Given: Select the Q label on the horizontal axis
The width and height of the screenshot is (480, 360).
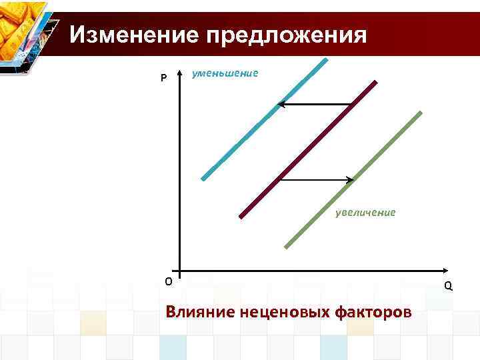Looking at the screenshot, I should coord(448,285).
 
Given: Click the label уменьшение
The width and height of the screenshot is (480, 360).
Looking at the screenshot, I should coord(225,73).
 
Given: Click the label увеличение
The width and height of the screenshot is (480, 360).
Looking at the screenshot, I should coord(365,213).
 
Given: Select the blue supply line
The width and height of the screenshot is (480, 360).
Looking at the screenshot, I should coord(263,120).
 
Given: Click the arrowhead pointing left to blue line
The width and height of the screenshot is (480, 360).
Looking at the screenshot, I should coord(281,104).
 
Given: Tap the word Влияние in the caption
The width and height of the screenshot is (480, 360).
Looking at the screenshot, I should coord(197,311).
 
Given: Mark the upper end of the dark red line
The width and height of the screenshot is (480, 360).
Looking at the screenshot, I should coord(375,83).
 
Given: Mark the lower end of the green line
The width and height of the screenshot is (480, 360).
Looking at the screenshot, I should coord(287,247).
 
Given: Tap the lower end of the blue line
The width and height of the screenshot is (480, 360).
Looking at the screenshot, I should coord(203,179).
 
